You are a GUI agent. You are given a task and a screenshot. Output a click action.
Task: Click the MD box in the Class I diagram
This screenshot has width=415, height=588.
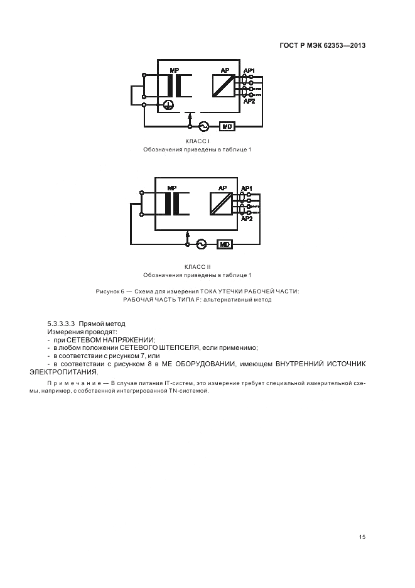227,126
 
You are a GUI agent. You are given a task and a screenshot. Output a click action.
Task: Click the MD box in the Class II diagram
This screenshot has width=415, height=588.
224,244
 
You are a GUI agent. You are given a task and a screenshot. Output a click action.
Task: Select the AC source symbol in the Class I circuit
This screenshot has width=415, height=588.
203,126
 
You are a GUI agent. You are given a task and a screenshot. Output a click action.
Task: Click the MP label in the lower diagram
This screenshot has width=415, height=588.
172,188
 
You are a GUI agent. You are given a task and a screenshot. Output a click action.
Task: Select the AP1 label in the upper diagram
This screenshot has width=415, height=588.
249,70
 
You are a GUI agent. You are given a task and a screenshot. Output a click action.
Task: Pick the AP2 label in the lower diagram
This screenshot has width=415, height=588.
247,219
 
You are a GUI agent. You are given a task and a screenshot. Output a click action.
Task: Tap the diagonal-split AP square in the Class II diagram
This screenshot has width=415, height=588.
220,204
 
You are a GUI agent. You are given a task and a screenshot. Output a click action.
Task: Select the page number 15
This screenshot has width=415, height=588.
362,536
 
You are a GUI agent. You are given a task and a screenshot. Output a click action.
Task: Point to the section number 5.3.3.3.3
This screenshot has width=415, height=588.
65,324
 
